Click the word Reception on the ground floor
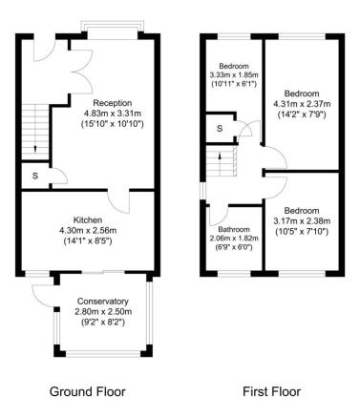coord(112,102)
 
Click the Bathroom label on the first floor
coord(233,230)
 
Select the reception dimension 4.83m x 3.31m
coord(113,114)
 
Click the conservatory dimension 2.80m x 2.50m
coord(102,312)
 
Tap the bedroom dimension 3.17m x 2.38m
coord(301,219)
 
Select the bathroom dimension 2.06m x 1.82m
coord(233,240)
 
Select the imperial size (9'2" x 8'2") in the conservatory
coord(102,323)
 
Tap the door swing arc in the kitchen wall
coord(118,200)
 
